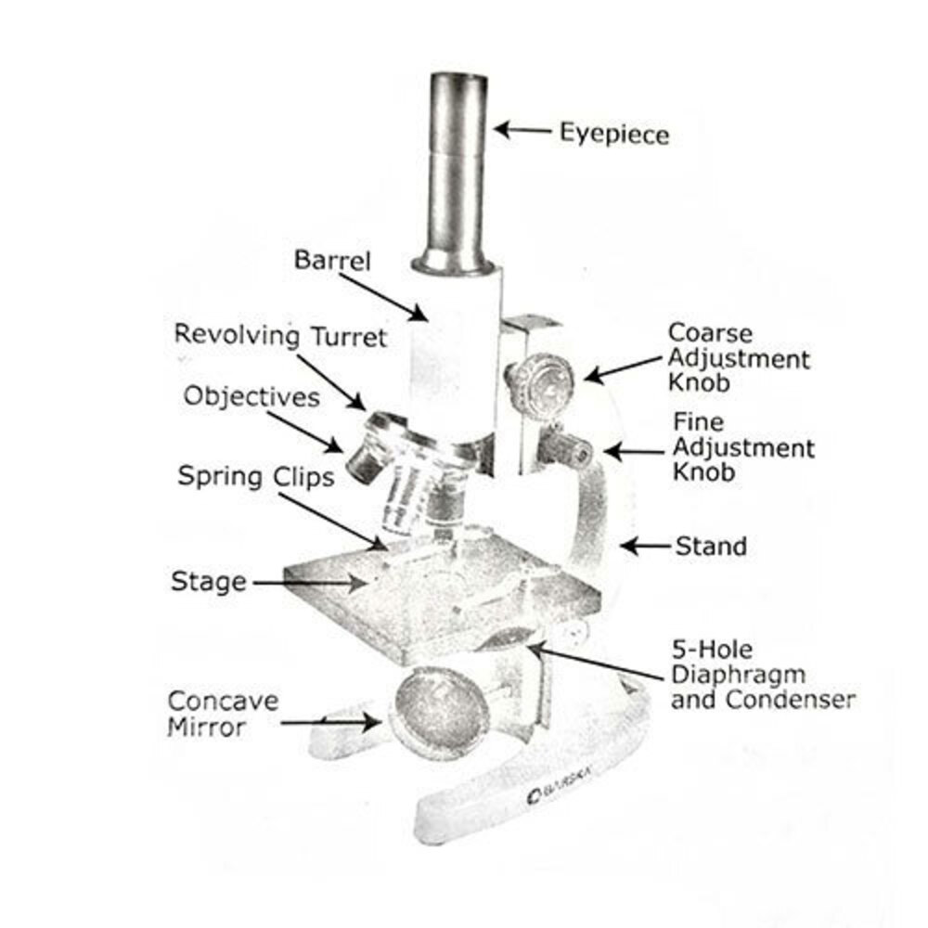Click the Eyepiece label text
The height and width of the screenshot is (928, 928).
click(613, 135)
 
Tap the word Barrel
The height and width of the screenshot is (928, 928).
click(332, 260)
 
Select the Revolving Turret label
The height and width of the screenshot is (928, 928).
click(280, 335)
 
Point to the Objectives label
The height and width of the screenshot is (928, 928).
click(251, 397)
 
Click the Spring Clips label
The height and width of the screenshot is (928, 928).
click(255, 478)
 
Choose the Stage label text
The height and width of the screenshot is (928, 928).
click(209, 582)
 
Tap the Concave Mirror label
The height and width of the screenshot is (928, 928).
click(222, 714)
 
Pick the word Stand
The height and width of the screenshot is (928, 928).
click(711, 546)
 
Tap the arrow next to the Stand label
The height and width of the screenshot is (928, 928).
click(646, 546)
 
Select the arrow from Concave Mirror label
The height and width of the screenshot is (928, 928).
click(329, 721)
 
